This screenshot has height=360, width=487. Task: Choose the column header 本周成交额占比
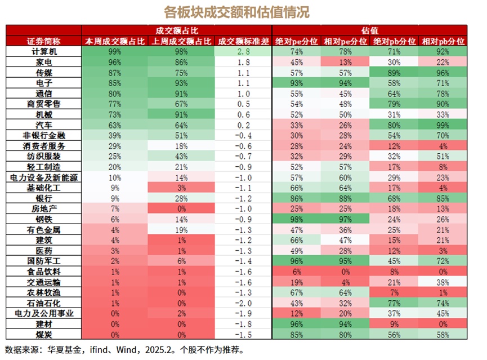(114, 41)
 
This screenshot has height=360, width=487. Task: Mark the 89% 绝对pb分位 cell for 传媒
(394, 73)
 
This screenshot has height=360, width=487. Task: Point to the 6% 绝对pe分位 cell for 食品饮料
(297, 271)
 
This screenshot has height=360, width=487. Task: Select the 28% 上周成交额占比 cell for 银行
(181, 198)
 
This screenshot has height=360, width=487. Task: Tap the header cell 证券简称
(43, 41)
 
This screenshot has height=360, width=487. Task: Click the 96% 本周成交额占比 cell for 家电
(114, 62)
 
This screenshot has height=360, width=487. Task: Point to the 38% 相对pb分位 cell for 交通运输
(443, 281)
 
